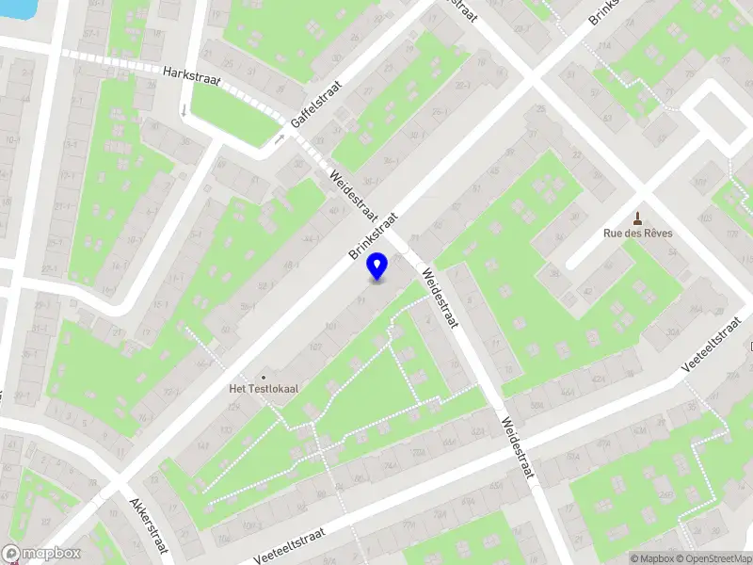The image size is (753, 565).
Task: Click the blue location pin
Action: point(377,266)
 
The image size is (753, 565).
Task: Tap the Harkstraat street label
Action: point(190,76)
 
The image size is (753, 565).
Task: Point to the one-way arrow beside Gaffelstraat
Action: point(280,139)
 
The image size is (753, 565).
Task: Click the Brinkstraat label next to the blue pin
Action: point(374,235)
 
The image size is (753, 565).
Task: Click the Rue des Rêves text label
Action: point(638,234)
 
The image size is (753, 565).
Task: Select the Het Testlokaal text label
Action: point(264,388)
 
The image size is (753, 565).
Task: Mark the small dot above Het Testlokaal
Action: point(264,375)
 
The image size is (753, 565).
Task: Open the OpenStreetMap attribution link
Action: point(712,558)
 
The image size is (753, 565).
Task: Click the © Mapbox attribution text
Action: point(651,558)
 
